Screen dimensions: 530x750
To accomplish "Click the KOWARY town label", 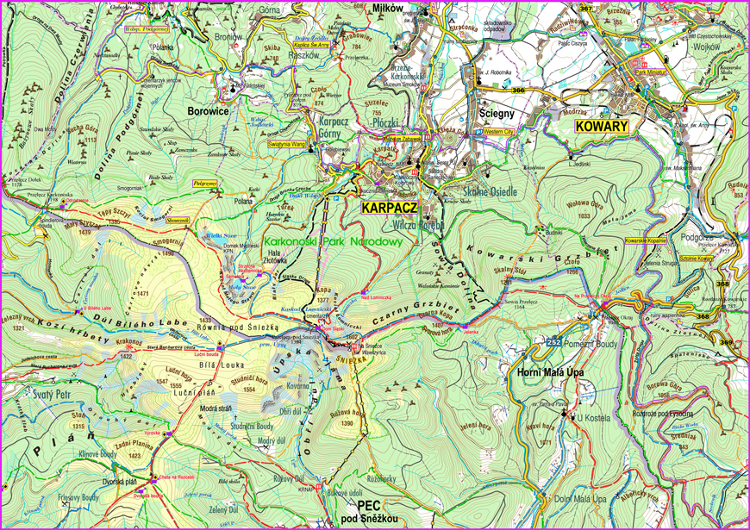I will pos(602,126).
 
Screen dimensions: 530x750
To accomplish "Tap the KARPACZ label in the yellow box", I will pos(389,209).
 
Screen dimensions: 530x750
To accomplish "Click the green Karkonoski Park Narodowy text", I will pos(334,243).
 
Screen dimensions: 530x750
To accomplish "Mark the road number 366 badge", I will pos(517,90).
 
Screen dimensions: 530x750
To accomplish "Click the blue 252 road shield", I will pos(553,342).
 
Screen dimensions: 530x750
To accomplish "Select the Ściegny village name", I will pos(497,111).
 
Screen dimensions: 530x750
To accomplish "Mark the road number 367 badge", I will pos(586,9).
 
